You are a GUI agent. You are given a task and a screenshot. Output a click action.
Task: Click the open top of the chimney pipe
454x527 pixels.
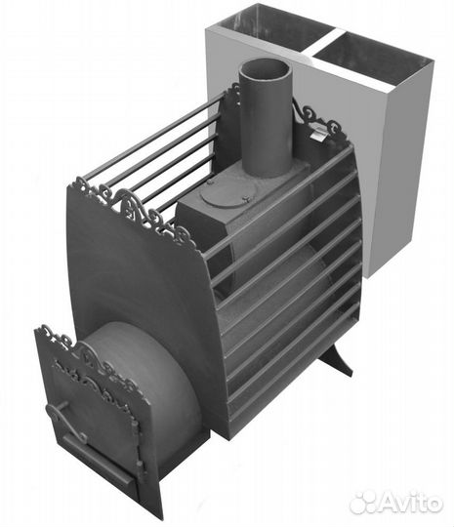click(265, 69)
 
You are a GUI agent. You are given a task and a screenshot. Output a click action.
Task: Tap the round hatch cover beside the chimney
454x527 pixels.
click(224, 195)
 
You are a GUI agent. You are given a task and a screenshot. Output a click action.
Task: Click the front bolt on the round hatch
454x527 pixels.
click(245, 199)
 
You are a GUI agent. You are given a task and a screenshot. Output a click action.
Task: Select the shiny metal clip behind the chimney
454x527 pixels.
click(317, 134)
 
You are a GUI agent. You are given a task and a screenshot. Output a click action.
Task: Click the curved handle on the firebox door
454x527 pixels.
click(67, 419)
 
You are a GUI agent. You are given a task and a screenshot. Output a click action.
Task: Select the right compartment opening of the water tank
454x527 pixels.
click(373, 58)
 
